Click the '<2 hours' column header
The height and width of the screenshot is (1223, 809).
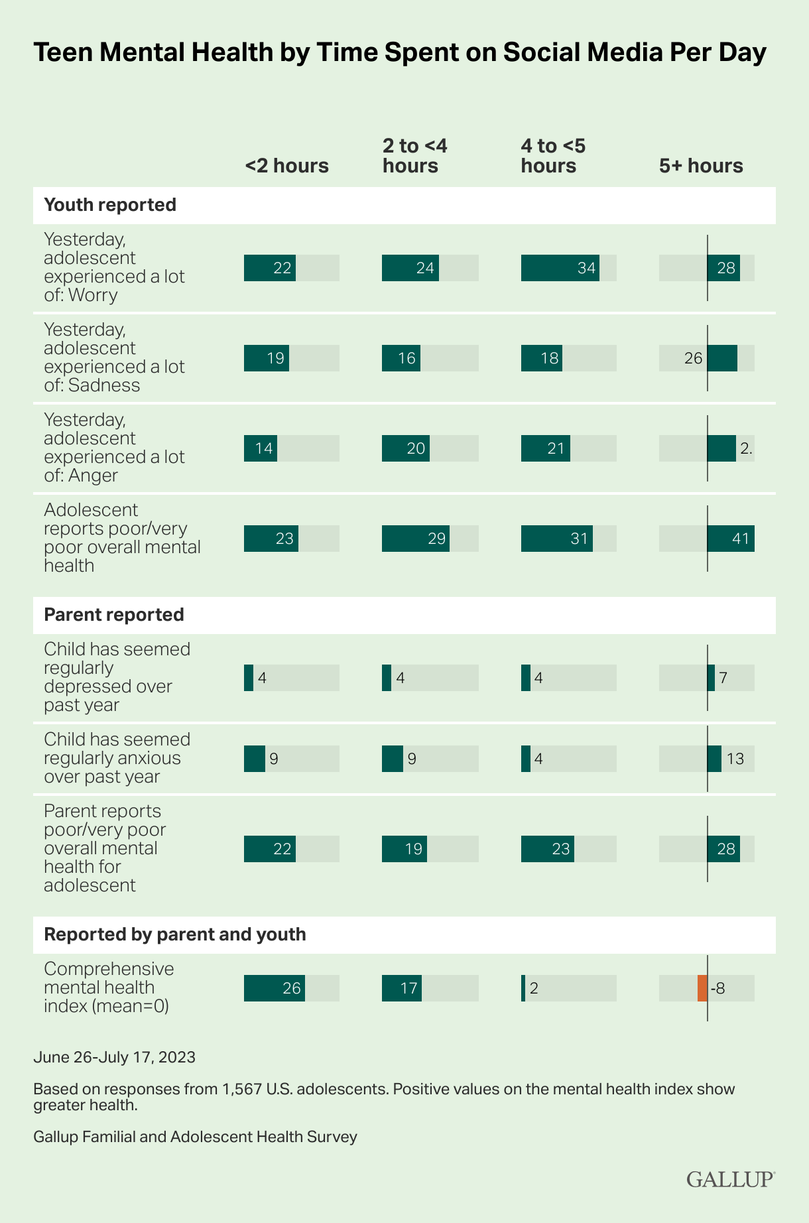click(286, 165)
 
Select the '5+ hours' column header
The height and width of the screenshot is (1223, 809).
click(701, 165)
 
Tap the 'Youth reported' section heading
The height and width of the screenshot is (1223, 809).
click(110, 205)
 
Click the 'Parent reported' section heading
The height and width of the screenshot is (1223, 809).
click(114, 615)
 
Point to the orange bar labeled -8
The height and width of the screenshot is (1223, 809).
click(702, 988)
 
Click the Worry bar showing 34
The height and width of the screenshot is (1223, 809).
click(560, 268)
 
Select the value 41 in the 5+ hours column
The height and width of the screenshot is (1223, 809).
click(740, 539)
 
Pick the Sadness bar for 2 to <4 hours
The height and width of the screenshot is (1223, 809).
click(401, 358)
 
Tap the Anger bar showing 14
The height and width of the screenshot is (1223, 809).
click(261, 448)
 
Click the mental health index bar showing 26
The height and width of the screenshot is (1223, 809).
click(275, 988)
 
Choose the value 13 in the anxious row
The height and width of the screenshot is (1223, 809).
click(735, 759)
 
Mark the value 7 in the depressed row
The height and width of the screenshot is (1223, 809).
click(723, 678)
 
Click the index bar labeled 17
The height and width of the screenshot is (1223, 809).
click(402, 988)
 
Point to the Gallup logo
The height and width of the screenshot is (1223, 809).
click(730, 1179)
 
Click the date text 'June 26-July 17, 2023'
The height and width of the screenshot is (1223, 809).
click(114, 1057)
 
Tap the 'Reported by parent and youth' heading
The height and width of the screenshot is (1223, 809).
click(175, 934)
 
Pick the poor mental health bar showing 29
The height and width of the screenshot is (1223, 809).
click(416, 539)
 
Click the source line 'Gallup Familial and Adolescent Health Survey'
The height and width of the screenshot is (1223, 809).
click(195, 1137)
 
